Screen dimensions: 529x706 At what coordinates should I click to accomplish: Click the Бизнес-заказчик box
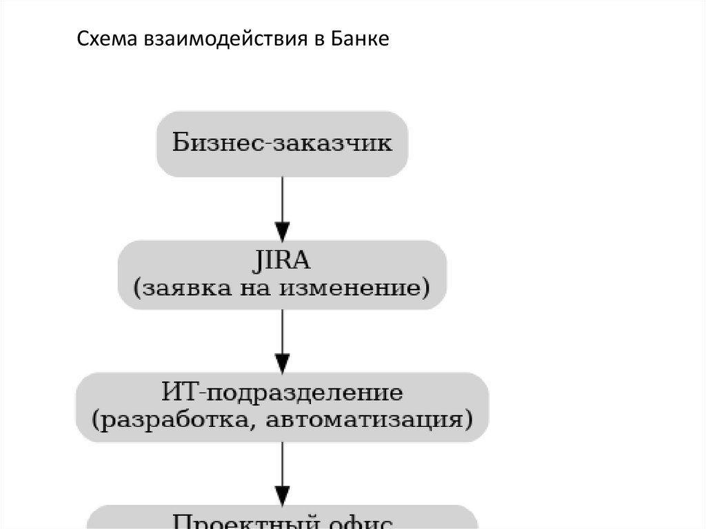tap(282, 143)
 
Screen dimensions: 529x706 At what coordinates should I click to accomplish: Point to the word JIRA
tap(282, 262)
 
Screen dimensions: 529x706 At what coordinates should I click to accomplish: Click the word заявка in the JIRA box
tap(179, 287)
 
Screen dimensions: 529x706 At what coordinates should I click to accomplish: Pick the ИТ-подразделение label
tap(282, 393)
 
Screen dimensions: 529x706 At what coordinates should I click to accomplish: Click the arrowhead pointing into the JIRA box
tap(282, 230)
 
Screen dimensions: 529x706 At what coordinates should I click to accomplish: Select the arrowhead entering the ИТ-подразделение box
tap(282, 363)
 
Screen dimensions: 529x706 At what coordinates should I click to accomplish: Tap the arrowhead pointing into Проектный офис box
tap(282, 495)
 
